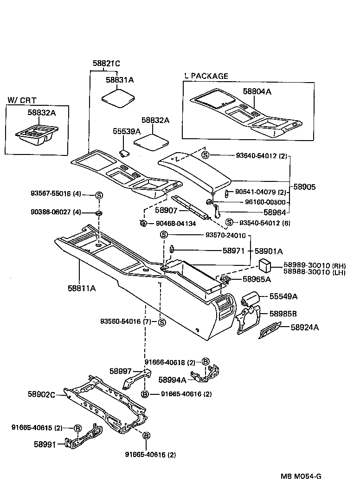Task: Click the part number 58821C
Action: point(106,63)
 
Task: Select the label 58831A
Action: point(119,80)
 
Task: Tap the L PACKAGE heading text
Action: point(206,76)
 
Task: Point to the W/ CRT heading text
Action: point(22,100)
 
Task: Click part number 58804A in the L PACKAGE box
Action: point(257,92)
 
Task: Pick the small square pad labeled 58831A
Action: point(118,98)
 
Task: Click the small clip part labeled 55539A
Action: point(124,153)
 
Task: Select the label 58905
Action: point(304,187)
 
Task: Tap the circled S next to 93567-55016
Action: point(99,195)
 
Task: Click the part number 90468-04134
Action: point(175,224)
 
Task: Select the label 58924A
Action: point(305,327)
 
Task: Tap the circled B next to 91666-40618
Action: point(206,362)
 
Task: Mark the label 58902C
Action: point(42,394)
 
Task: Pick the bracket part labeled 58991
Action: point(83,438)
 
